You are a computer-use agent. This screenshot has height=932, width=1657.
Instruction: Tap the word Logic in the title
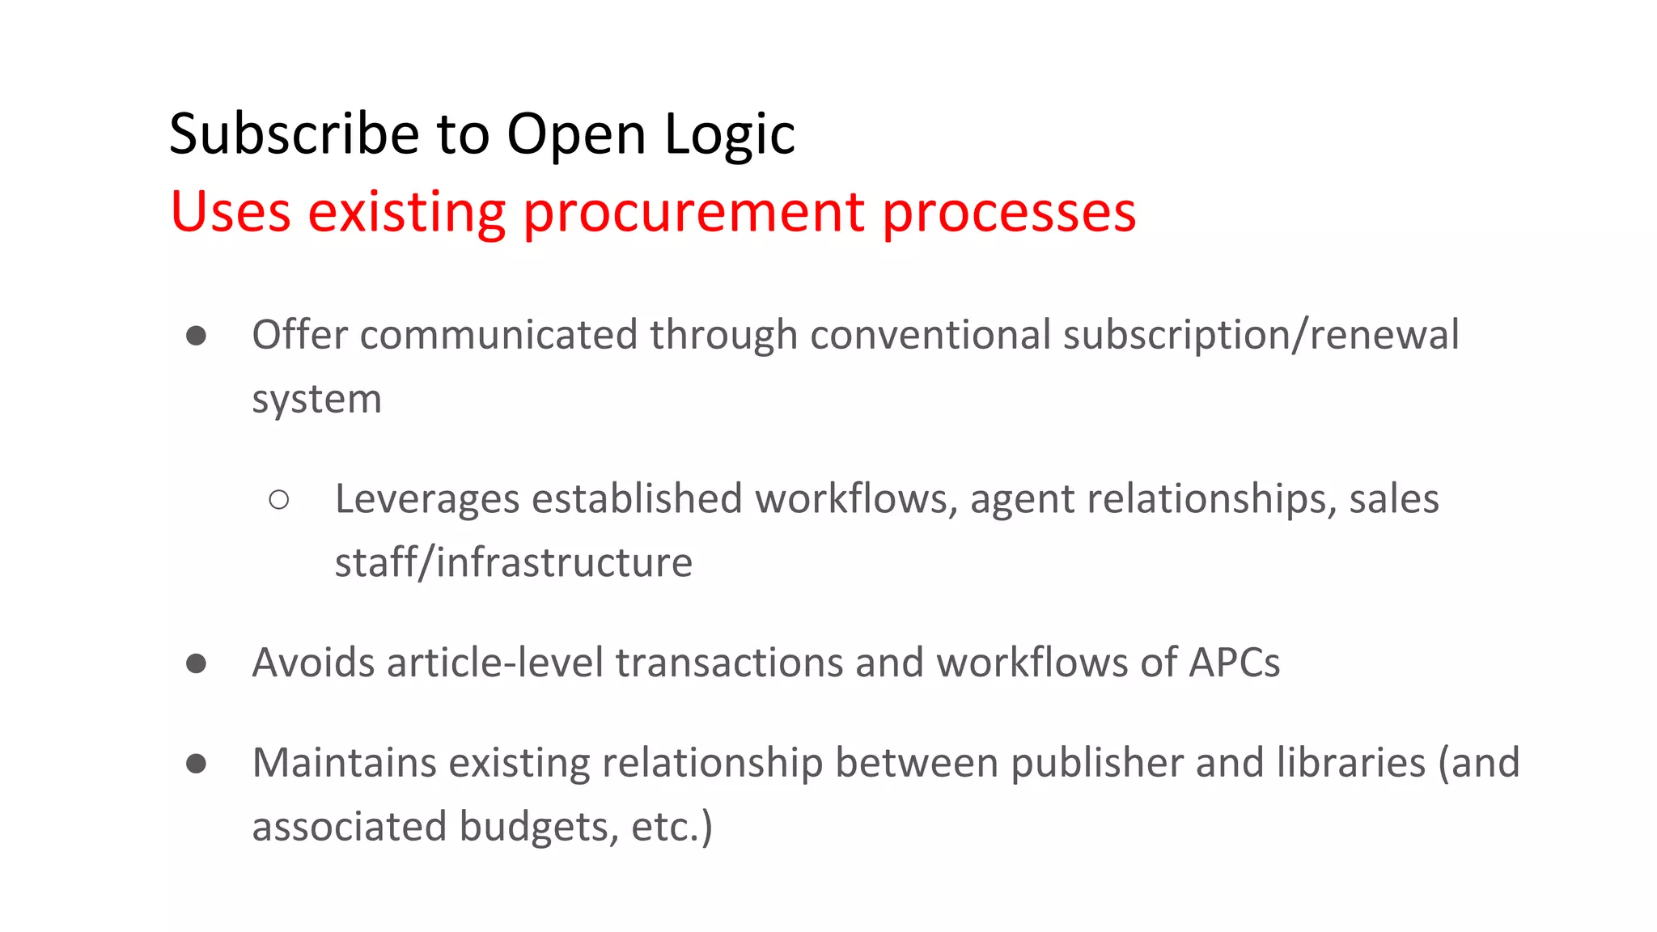pyautogui.click(x=730, y=133)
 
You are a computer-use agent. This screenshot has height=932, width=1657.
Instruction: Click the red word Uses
pyautogui.click(x=231, y=212)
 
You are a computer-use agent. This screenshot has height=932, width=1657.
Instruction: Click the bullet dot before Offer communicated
pyautogui.click(x=196, y=336)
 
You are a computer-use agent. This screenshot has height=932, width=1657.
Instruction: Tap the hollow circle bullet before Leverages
pyautogui.click(x=279, y=500)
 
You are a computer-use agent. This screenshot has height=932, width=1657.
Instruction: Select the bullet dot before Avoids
pyautogui.click(x=196, y=663)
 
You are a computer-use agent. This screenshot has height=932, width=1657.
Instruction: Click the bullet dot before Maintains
pyautogui.click(x=196, y=764)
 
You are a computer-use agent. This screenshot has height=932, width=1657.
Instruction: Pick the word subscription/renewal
pyautogui.click(x=1261, y=335)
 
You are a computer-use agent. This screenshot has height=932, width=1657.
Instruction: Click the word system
pyautogui.click(x=316, y=400)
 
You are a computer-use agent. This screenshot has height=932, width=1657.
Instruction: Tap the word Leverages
pyautogui.click(x=426, y=499)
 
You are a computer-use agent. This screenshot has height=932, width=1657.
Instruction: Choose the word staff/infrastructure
pyautogui.click(x=514, y=563)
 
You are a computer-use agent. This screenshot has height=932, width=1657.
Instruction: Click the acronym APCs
pyautogui.click(x=1234, y=663)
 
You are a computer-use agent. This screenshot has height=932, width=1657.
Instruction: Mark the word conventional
pyautogui.click(x=930, y=335)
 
